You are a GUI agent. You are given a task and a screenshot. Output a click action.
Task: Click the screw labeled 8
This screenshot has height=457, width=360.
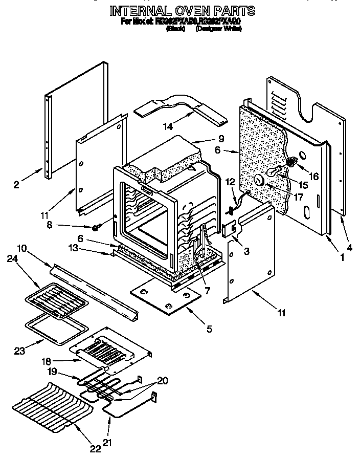tap(95, 227)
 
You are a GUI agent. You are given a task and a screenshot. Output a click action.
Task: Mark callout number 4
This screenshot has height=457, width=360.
tap(349, 248)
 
